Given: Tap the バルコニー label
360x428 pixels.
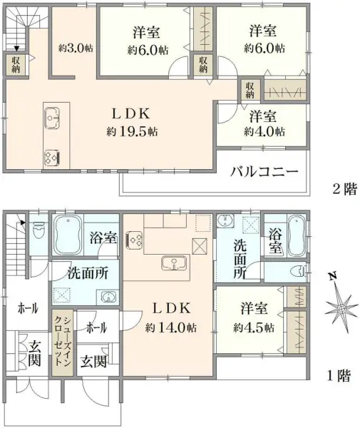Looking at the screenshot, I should (263, 172).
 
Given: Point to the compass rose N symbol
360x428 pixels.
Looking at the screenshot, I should (332, 276).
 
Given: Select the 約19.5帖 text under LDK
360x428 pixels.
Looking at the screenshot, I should (133, 131).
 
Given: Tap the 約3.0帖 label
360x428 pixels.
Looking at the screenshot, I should (75, 48).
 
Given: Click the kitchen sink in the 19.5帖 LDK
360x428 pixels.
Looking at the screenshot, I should (54, 115).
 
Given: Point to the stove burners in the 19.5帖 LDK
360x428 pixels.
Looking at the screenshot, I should (53, 156).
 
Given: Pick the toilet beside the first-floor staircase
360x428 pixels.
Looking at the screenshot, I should (39, 230).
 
